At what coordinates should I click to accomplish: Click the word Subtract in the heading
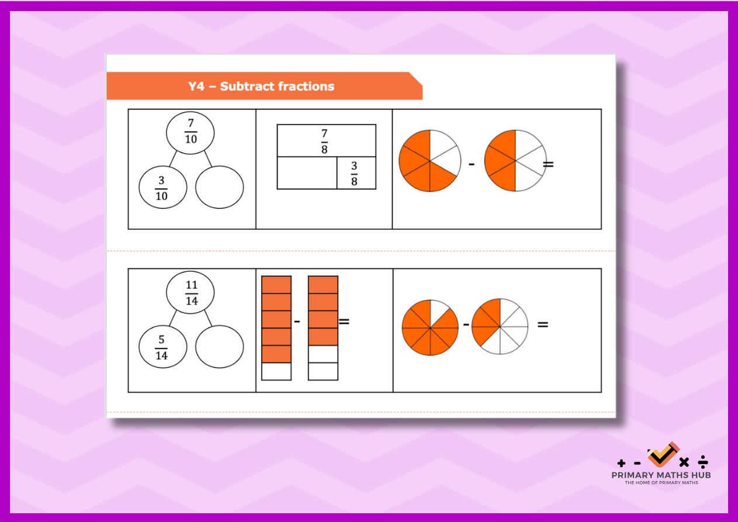pyautogui.click(x=248, y=87)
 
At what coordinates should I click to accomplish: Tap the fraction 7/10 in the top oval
pyautogui.click(x=190, y=132)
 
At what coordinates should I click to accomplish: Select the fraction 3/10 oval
pyautogui.click(x=163, y=187)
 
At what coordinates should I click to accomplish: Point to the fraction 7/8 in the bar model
pyautogui.click(x=324, y=141)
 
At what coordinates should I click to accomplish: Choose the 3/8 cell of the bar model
pyautogui.click(x=356, y=173)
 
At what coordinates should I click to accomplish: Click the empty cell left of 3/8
pyautogui.click(x=307, y=173)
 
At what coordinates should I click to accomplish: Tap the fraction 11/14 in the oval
pyautogui.click(x=192, y=293)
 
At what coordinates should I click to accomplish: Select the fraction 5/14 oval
pyautogui.click(x=163, y=347)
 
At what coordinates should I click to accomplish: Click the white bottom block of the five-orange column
pyautogui.click(x=276, y=371)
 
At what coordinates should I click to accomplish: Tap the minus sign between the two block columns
pyautogui.click(x=297, y=321)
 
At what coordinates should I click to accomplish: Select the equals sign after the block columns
pyautogui.click(x=344, y=321)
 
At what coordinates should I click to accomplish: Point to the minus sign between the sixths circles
pyautogui.click(x=472, y=164)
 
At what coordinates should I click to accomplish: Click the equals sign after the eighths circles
pyautogui.click(x=543, y=324)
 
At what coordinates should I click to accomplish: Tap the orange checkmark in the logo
pyautogui.click(x=663, y=455)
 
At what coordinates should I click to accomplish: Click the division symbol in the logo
pyautogui.click(x=703, y=462)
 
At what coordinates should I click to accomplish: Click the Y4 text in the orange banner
pyautogui.click(x=196, y=87)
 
